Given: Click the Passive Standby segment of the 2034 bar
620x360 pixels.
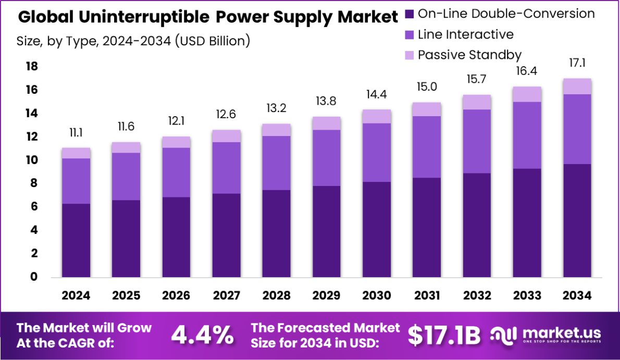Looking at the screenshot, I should [x=577, y=86].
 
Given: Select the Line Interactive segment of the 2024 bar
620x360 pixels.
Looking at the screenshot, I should [x=76, y=181].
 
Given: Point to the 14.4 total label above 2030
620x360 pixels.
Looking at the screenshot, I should [x=377, y=96].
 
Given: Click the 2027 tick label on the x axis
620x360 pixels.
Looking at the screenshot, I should [x=226, y=295].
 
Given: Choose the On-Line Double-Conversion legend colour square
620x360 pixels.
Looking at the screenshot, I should [x=409, y=14].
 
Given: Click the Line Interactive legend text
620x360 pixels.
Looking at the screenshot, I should [x=466, y=34].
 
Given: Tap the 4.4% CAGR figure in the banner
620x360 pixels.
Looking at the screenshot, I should [x=202, y=335].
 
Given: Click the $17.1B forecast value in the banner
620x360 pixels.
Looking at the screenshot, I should [x=443, y=335].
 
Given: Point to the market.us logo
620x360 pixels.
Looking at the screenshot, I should [x=547, y=334].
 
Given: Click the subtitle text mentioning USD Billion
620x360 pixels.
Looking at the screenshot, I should [x=133, y=40].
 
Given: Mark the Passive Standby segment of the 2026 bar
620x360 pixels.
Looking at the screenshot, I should [x=176, y=142].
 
